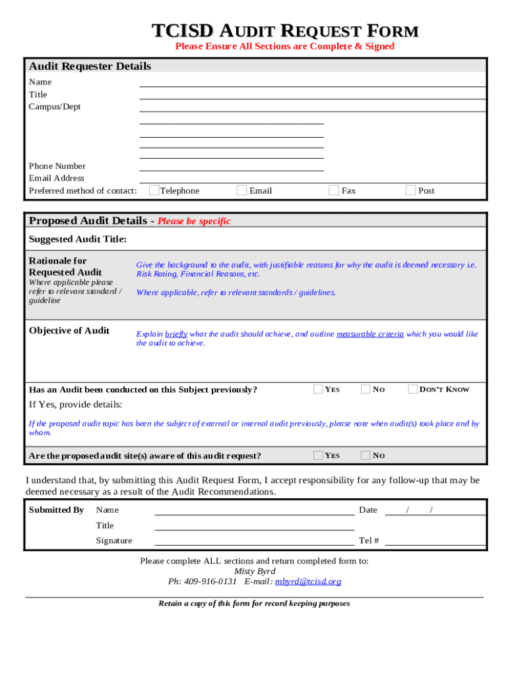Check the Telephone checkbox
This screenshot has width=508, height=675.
154,191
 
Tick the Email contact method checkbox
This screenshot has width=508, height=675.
242,191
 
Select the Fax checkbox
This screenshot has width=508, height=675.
334,191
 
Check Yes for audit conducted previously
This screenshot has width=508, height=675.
319,389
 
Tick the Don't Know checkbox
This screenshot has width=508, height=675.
414,389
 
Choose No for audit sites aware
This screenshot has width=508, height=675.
365,455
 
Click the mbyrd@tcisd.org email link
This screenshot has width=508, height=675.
308,581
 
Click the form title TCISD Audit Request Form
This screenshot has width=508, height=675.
285,31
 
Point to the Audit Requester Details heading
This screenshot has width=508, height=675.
90,66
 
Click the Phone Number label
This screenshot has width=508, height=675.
57,166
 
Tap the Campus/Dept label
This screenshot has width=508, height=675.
55,107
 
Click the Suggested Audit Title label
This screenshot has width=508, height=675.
78,239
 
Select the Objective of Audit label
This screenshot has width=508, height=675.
69,330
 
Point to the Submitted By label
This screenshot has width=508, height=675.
56,510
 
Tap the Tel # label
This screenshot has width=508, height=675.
369,541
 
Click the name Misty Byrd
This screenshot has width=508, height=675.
255,571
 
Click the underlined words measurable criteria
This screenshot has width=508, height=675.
370,334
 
